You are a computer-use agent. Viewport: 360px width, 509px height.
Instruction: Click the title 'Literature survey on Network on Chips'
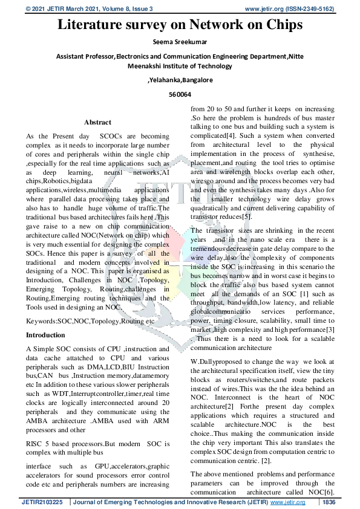coord(180,25)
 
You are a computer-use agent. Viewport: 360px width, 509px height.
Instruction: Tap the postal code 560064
coord(180,94)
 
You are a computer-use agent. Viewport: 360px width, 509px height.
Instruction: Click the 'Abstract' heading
coord(97,122)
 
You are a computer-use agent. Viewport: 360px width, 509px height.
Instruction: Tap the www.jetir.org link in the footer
coord(287,502)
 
